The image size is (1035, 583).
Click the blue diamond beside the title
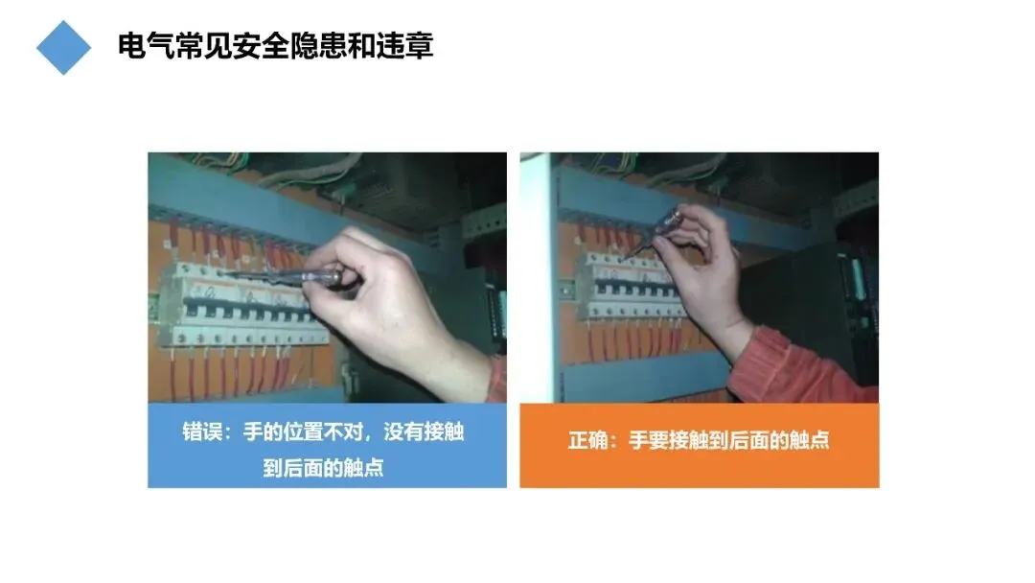pos(63,48)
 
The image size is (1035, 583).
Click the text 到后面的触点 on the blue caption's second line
pos(324,468)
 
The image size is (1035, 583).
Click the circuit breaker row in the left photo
pos(241,304)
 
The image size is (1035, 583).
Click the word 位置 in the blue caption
pos(303,431)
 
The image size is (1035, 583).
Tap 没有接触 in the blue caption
pos(425,431)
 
